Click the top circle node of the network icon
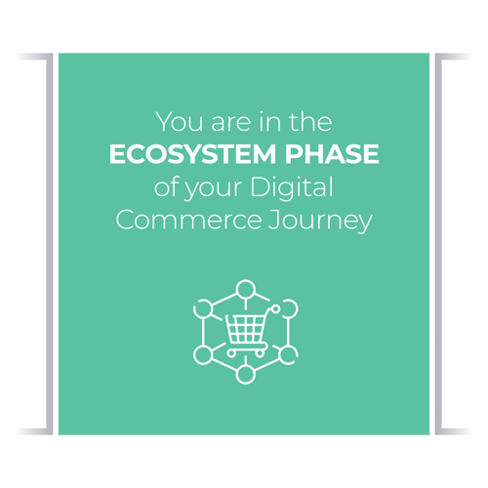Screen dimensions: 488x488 244,288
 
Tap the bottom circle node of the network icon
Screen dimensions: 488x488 244,372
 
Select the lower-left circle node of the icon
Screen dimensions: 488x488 203,353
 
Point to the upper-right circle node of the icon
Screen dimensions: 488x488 285,307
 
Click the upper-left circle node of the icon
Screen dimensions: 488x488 203,307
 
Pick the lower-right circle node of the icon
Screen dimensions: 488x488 285,353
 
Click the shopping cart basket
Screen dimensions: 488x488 245,327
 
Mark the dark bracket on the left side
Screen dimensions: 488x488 39,244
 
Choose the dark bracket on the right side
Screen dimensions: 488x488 449,244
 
